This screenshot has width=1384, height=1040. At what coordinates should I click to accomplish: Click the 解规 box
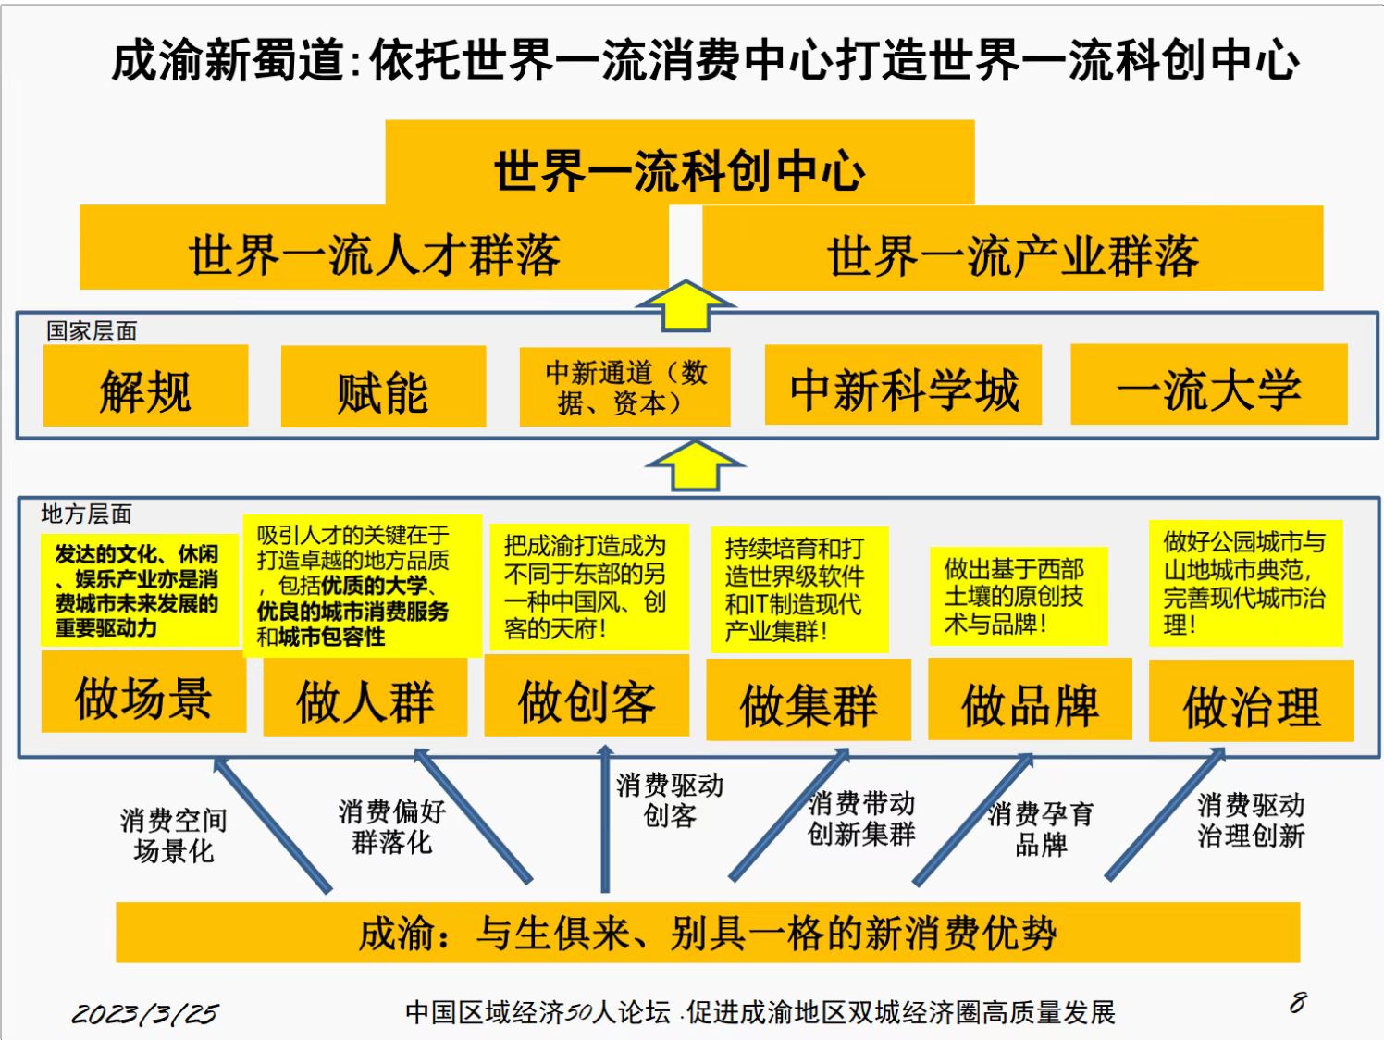[x=145, y=385]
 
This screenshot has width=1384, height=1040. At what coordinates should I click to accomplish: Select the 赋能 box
[x=383, y=387]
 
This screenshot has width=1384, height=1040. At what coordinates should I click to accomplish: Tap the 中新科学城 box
[x=903, y=385]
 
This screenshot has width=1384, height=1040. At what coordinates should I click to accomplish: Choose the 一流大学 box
[x=1209, y=385]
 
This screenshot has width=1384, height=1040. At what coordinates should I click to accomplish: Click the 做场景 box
[x=143, y=691]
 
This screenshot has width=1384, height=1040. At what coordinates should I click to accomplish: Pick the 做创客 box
[x=587, y=695]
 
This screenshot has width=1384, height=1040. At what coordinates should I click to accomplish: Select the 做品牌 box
[x=1030, y=699]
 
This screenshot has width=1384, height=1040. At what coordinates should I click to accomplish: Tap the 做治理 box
[x=1252, y=700]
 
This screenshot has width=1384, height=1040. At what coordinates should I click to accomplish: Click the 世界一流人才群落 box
[x=374, y=247]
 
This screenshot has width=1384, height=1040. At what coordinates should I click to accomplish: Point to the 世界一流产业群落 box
[x=1013, y=248]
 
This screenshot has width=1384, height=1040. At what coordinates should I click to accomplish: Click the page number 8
[x=1298, y=1002]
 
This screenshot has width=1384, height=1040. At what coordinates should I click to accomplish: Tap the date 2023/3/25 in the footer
[x=145, y=1013]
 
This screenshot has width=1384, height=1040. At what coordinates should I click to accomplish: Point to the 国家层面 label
[x=93, y=331]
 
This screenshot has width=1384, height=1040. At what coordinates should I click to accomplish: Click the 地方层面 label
[x=87, y=514]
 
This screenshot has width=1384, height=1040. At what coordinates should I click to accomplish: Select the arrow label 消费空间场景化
[x=173, y=836]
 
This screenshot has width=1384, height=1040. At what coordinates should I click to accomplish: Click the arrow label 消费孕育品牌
[x=1041, y=829]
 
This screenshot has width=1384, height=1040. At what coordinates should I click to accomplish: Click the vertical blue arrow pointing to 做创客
[x=605, y=818]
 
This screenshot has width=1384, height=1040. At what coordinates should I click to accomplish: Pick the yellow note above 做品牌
[x=1019, y=596]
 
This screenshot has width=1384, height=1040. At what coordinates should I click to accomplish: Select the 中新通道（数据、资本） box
[x=624, y=387]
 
